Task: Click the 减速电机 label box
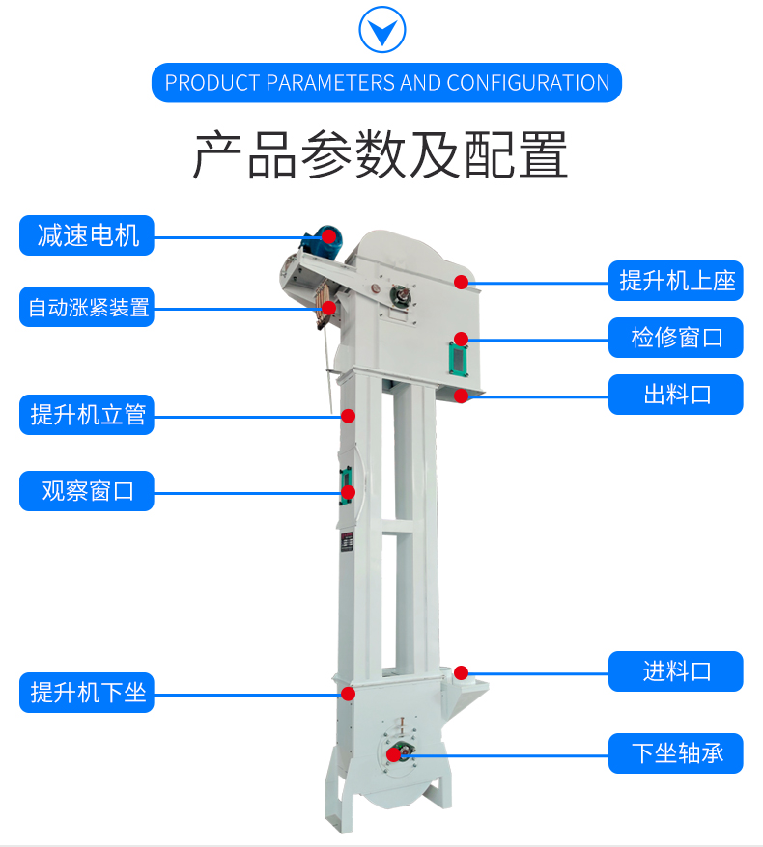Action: pos(87,235)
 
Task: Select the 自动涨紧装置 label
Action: pos(87,307)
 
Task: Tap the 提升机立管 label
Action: pos(87,415)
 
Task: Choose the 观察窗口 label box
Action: pos(87,491)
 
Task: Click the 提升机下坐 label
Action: pos(87,693)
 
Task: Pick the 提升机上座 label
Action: pos(676,281)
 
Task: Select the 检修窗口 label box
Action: pos(676,338)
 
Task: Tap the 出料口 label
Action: pos(676,395)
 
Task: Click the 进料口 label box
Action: pos(676,671)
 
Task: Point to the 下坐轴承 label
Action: pos(676,753)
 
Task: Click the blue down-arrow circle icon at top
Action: pos(382,30)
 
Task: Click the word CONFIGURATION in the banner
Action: pos(528,83)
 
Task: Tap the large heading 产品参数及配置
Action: pos(381,154)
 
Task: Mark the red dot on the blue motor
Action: pos(328,236)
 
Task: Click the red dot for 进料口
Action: pos(462,672)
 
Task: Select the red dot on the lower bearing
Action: pos(394,754)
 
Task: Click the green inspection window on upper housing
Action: pos(458,359)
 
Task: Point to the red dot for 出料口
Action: pos(462,396)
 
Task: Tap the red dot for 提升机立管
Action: pos(349,416)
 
